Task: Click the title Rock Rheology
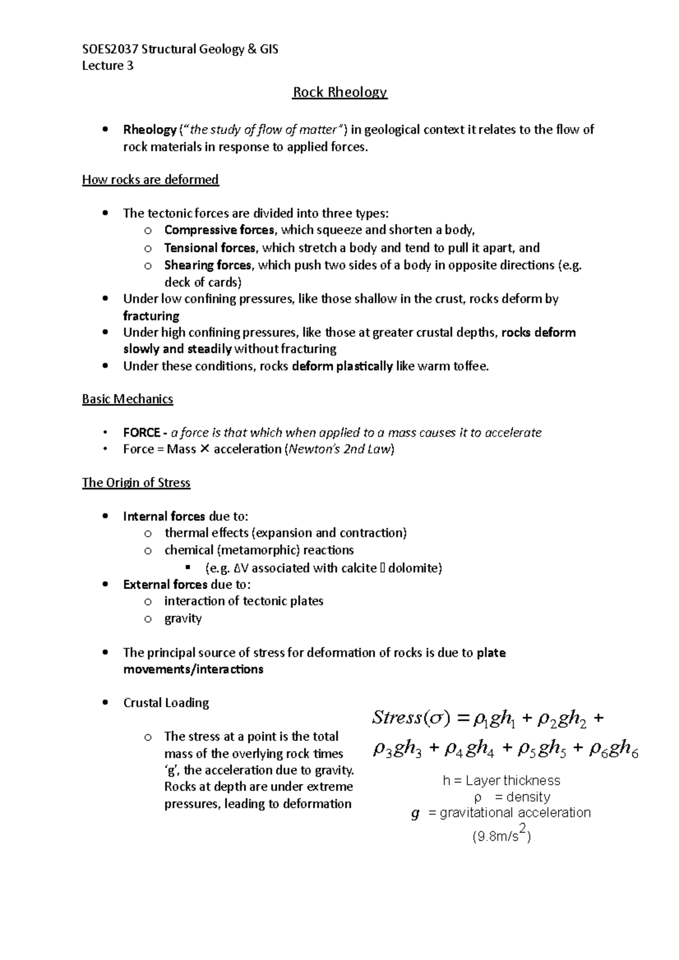pos(339,92)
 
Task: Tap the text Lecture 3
pos(108,66)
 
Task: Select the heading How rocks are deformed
pos(151,180)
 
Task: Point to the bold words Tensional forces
pos(210,248)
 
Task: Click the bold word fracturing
pos(151,315)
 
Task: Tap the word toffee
pos(470,366)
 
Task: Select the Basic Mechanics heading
pos(127,399)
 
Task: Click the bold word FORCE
pos(141,433)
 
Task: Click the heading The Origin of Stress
pos(136,483)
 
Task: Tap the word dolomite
pos(414,568)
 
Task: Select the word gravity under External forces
pos(183,619)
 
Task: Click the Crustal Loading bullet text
pos(166,703)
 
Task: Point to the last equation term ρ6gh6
pos(614,749)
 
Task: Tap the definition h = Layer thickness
pos(501,781)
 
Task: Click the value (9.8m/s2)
pos(501,836)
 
